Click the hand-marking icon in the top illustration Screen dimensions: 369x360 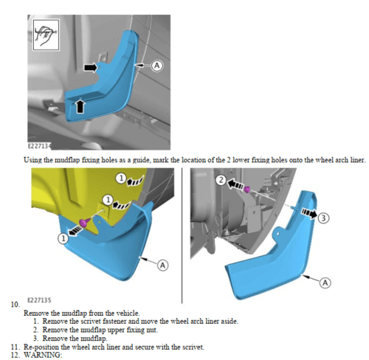(x=46, y=35)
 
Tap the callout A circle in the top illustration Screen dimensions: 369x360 (x=156, y=66)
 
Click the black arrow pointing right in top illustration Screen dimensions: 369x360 (x=91, y=67)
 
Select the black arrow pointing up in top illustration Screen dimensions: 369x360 (x=80, y=105)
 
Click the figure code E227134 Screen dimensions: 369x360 (x=40, y=146)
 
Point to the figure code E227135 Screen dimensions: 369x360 (x=39, y=300)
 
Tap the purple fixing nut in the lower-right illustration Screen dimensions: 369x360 (x=247, y=190)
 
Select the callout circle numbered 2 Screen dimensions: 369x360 (x=221, y=180)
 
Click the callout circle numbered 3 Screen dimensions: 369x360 (x=323, y=218)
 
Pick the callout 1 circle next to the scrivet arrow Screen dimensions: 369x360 (x=63, y=238)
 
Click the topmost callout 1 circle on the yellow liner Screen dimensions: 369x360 (x=121, y=178)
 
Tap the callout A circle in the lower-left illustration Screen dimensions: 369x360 (x=162, y=266)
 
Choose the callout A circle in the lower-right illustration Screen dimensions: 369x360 (x=325, y=283)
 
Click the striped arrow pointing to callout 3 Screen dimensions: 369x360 (x=309, y=213)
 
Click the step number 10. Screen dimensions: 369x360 (x=15, y=305)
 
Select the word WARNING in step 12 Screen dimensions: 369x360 (x=43, y=355)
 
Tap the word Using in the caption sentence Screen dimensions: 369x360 (x=32, y=160)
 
